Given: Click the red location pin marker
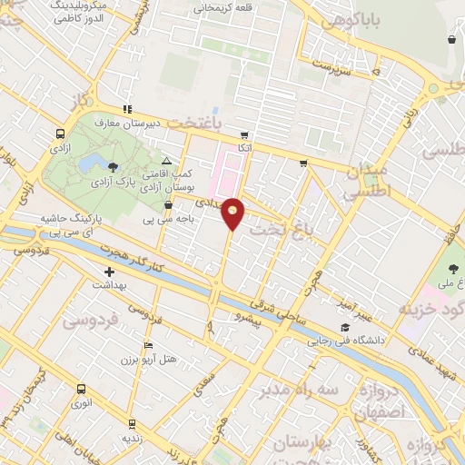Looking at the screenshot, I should tap(233, 213).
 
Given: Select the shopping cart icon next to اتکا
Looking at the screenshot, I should tap(245, 134).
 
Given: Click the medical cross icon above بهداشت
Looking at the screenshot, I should tap(110, 271).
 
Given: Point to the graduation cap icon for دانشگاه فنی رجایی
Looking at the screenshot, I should tap(344, 327).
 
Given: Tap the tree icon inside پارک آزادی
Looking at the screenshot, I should tap(113, 166).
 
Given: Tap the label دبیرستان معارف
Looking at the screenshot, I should tap(157, 121).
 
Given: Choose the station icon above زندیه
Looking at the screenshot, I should tap(132, 423).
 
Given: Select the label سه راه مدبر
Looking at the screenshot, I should tap(302, 390).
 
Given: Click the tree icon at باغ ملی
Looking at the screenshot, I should tap(454, 269).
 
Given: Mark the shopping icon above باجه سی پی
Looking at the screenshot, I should tap(168, 205).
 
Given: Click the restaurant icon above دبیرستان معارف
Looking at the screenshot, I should tap(127, 109).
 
